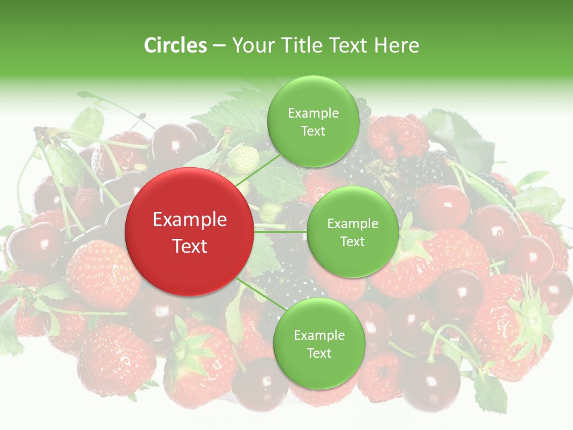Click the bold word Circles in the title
pos(175,45)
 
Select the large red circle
pos(189,232)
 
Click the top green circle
pos(313,121)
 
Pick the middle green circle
pos(352,232)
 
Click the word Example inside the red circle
pos(190,220)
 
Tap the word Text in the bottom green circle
pos(319,353)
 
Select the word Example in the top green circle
pos(313,113)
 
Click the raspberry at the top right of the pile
pos(397,136)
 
